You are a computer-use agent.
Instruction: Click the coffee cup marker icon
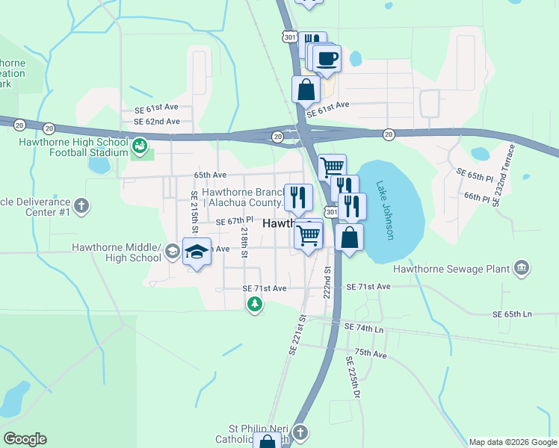(327, 58)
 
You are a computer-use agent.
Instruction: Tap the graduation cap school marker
(197, 252)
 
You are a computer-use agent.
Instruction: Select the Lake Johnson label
(385, 211)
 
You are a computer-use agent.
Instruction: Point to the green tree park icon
(256, 303)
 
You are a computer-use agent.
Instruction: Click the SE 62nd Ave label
(156, 121)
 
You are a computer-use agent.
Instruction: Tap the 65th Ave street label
(210, 175)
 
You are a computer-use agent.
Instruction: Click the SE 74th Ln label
(363, 328)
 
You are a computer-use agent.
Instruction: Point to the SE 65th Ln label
(515, 314)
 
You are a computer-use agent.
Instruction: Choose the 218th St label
(244, 242)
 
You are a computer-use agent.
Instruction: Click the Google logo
(25, 439)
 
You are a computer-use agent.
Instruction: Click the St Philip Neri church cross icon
(300, 432)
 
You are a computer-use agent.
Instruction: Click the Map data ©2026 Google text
(512, 442)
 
